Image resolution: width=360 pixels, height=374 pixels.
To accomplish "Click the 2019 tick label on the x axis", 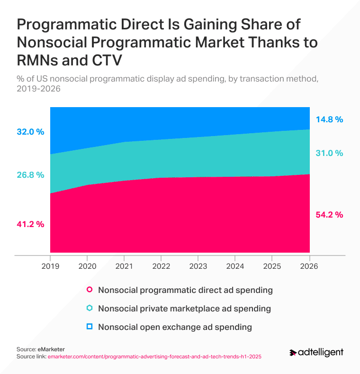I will [50, 266].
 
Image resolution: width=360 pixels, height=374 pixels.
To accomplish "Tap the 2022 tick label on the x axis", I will [161, 266].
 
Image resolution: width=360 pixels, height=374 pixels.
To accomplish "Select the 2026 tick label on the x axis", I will [309, 266].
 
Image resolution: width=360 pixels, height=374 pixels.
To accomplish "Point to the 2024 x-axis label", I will [235, 266].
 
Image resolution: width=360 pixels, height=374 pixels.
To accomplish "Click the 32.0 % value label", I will [30, 132].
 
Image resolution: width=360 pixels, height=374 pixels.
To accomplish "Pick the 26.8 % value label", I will [30, 174].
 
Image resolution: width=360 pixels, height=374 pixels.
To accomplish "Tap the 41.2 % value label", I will [30, 224].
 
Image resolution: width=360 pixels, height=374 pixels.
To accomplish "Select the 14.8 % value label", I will [329, 119].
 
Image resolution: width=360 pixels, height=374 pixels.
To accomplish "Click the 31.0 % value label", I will [329, 153].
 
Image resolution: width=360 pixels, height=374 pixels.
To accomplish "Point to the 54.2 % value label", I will [329, 215].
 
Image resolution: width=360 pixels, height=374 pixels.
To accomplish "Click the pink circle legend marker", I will [89, 290].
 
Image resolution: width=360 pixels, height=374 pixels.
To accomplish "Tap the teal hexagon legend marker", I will [89, 308].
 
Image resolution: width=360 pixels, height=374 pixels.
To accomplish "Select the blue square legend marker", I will [89, 327].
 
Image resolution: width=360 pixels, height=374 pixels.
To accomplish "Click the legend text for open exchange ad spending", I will [175, 327].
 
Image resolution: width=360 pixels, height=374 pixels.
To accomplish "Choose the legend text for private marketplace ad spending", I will [184, 308].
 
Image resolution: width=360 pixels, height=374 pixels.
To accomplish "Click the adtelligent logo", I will [316, 353].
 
